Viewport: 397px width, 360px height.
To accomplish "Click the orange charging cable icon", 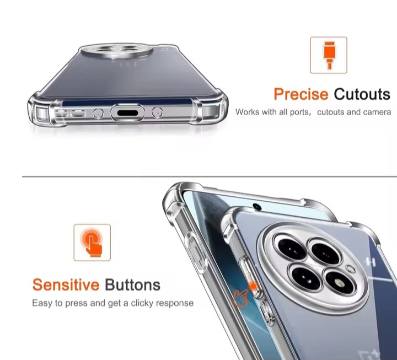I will point(328,55).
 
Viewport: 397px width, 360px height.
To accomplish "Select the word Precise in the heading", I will point(301,94).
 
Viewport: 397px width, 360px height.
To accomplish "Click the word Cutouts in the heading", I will point(362,94).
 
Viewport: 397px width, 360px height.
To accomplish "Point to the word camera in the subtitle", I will point(377,112).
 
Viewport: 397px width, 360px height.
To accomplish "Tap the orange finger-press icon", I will point(92,242).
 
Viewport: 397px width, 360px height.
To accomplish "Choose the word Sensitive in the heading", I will point(66,285).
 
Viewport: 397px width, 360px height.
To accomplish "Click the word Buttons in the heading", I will point(132,285).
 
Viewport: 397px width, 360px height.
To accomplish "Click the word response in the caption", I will point(175,303).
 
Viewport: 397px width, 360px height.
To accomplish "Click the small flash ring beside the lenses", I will point(350,270).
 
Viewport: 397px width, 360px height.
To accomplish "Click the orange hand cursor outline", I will point(240,298).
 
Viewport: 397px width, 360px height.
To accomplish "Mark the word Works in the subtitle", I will point(247,112).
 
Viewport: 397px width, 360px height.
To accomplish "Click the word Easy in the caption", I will point(42,303).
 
